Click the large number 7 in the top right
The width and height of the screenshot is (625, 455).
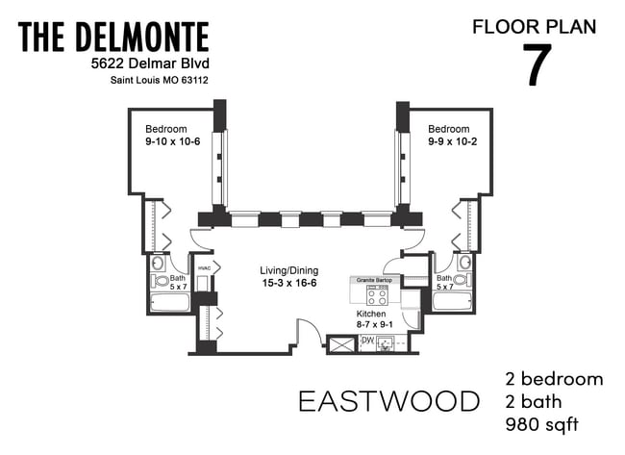537,65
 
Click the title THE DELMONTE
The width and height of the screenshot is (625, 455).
113,38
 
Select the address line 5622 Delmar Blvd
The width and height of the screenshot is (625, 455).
143,64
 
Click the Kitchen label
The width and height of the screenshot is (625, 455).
371,315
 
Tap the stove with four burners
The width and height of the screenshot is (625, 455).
375,297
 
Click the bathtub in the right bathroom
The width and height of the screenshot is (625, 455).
451,302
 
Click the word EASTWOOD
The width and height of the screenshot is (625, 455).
388,401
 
